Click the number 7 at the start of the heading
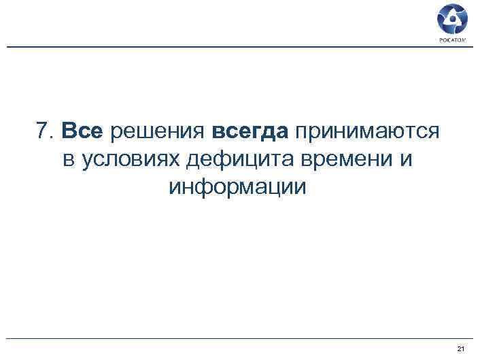[x=43, y=131]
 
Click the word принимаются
[x=366, y=132]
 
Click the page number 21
[x=461, y=348]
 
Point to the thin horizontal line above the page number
[x=238, y=338]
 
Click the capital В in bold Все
[x=69, y=131]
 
